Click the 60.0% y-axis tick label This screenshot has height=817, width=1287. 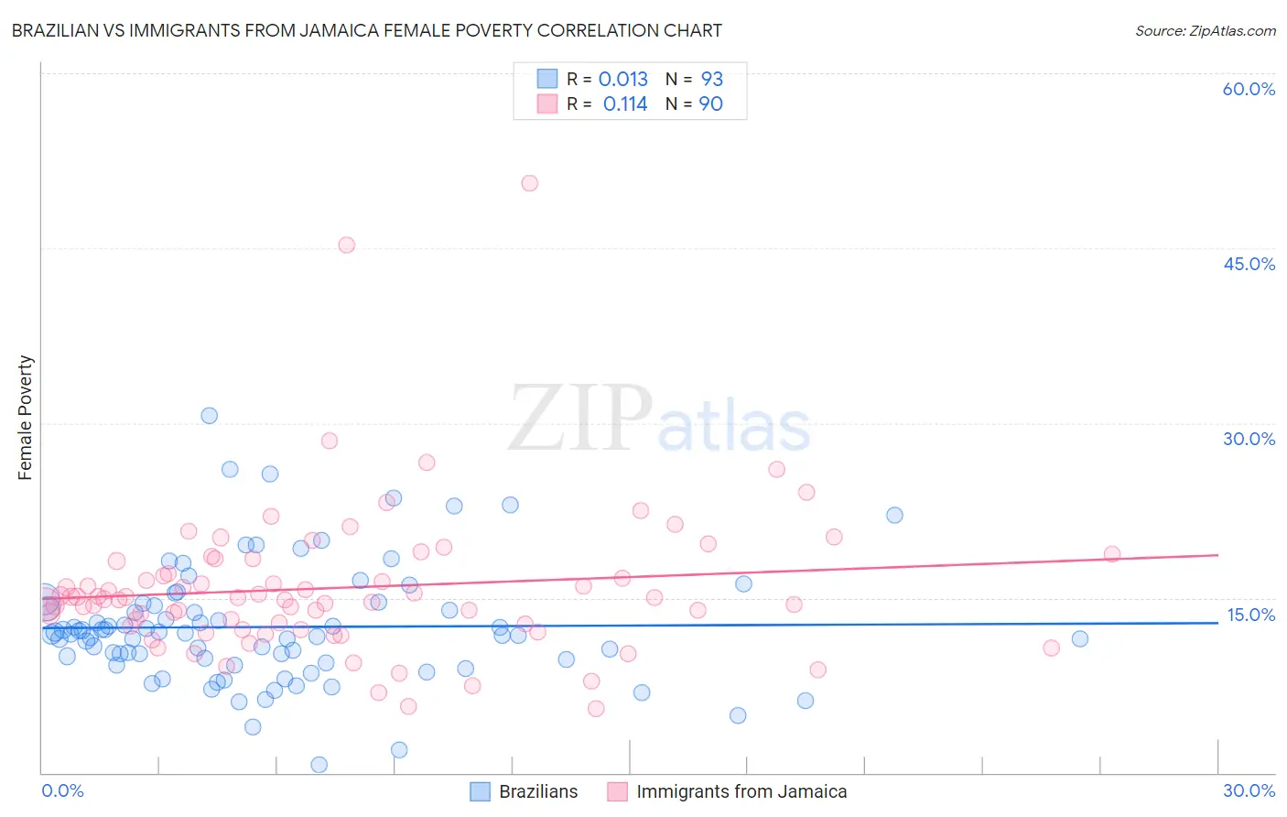pyautogui.click(x=1249, y=89)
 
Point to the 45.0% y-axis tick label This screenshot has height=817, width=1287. pyautogui.click(x=1249, y=264)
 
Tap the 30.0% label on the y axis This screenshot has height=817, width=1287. pyautogui.click(x=1249, y=439)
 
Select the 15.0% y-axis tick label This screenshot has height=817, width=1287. pyautogui.click(x=1250, y=615)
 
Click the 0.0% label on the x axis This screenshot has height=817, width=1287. pyautogui.click(x=62, y=790)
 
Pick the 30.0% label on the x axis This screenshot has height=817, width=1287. pyautogui.click(x=1249, y=790)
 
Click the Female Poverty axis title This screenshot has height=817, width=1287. pyautogui.click(x=26, y=418)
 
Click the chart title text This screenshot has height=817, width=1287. pyautogui.click(x=366, y=30)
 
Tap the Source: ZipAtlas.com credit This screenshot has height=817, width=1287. pyautogui.click(x=1205, y=30)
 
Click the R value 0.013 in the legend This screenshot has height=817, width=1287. pyautogui.click(x=622, y=80)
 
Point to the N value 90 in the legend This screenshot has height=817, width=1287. pyautogui.click(x=710, y=104)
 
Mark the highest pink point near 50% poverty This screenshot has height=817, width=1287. pyautogui.click(x=529, y=183)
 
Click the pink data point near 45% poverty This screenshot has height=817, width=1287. pyautogui.click(x=346, y=245)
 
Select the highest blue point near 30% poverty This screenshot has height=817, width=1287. pyautogui.click(x=210, y=416)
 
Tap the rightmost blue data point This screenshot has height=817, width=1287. pyautogui.click(x=1080, y=638)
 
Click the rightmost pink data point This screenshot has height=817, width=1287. pyautogui.click(x=1112, y=554)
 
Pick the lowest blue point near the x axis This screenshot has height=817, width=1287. pyautogui.click(x=319, y=765)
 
